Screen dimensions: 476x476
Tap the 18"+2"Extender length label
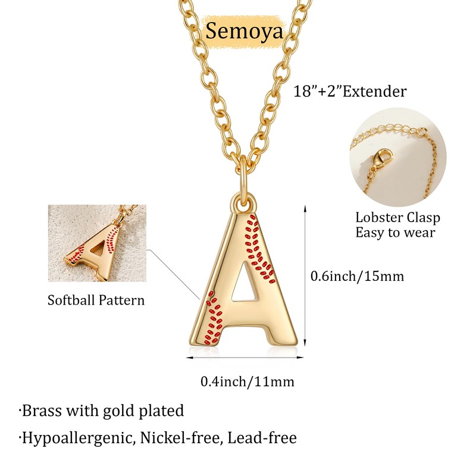350,91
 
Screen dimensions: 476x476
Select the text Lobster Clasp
397,217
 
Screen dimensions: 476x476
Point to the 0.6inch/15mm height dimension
358,276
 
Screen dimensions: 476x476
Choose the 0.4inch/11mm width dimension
247,381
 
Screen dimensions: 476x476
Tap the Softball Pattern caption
96,300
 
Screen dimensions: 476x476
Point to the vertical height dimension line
305,280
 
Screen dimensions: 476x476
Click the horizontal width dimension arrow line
247,358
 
